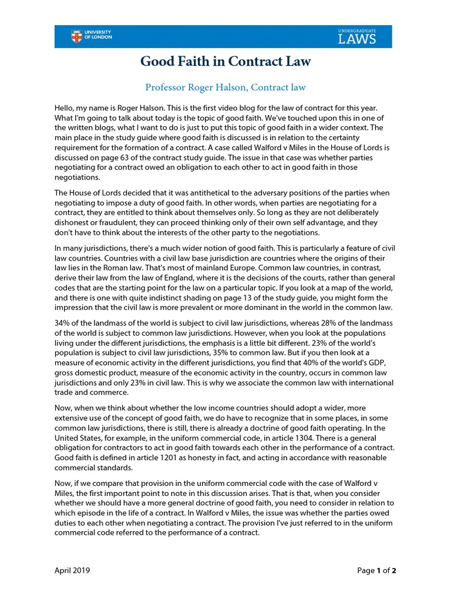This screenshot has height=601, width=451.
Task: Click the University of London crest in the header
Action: coord(76,36)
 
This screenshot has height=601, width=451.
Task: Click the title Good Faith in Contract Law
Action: coord(225,62)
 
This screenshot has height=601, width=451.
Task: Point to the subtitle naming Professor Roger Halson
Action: coord(225,87)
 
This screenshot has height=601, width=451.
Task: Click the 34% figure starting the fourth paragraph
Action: coord(62,325)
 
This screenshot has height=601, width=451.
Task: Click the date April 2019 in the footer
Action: coord(72,570)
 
